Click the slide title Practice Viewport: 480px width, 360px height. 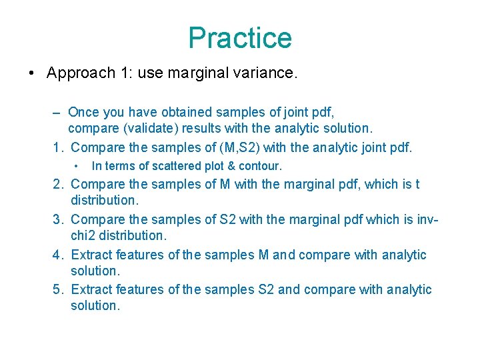point(240,38)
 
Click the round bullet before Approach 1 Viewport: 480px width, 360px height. point(33,74)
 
